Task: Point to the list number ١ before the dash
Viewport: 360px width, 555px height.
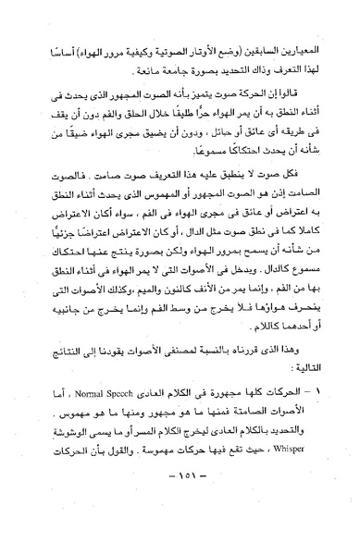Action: pos(308,461)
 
